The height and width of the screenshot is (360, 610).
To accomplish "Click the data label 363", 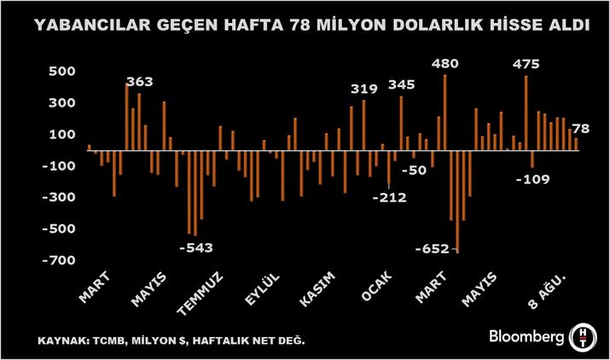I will pyautogui.click(x=139, y=83).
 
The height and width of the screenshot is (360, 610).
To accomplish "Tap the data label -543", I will pyautogui.click(x=196, y=248).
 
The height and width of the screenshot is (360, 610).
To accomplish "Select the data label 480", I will pyautogui.click(x=446, y=64).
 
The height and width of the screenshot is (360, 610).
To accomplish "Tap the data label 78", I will pyautogui.click(x=582, y=130).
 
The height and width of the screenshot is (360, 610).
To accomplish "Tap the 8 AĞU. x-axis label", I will pyautogui.click(x=549, y=290).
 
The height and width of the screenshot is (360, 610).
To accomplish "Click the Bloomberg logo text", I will pyautogui.click(x=525, y=337).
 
